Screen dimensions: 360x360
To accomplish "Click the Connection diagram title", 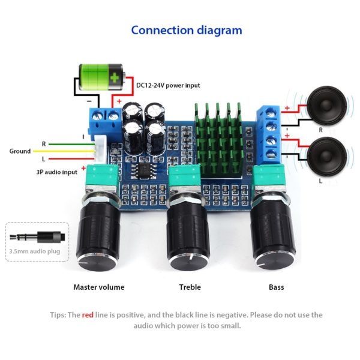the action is tap(187, 31).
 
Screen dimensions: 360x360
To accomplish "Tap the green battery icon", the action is tap(102, 77).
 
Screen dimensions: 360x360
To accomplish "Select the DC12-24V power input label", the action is tap(168, 85).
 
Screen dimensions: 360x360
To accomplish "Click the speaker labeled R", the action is tap(326, 106).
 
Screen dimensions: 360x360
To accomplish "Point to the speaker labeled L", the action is tap(326, 157).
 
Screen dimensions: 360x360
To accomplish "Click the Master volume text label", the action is tap(99, 287).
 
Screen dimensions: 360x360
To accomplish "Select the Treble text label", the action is tap(190, 287).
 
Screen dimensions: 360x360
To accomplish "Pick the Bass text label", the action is tap(276, 287).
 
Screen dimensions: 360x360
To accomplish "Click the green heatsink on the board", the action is tap(218, 140).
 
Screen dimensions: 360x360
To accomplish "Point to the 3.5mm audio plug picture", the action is tap(37, 237).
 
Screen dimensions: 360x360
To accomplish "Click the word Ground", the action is tap(20, 151).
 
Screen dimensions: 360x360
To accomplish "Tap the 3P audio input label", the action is tap(57, 172).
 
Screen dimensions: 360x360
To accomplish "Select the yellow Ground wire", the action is tap(64, 151).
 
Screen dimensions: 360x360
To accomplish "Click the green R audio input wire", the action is tap(72, 145).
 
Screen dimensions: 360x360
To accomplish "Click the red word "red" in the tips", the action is tap(88, 315).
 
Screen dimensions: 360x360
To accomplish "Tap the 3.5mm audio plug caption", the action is tap(35, 251).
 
